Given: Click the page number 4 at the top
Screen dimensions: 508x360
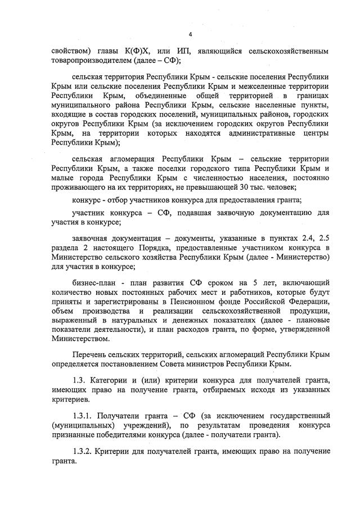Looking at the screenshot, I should click(190, 35).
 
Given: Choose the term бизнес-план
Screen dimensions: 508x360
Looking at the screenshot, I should click(92, 281).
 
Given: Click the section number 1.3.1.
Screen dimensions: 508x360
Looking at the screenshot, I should click(84, 417).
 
